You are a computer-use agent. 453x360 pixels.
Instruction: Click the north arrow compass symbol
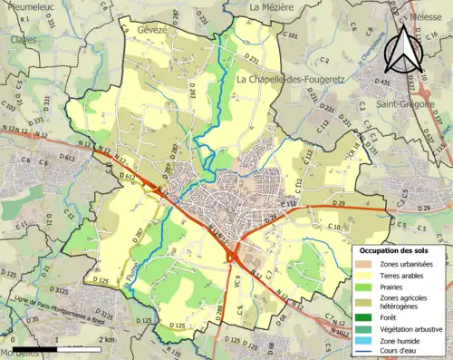click(403, 49)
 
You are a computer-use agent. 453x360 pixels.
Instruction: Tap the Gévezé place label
click(155, 30)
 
